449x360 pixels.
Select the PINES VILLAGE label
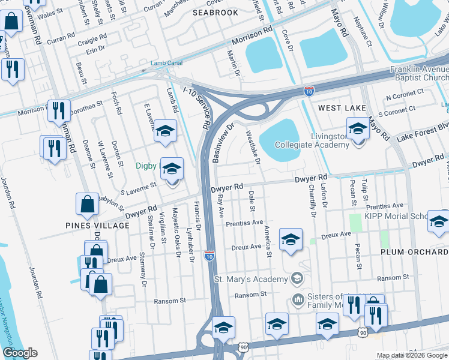click(98, 226)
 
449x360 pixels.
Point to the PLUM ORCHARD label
click(414, 252)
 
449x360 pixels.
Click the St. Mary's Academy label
click(251, 279)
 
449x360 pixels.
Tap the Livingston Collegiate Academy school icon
click(358, 129)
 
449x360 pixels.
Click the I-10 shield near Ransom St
click(209, 256)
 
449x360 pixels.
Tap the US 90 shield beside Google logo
click(243, 347)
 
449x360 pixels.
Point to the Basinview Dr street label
click(222, 143)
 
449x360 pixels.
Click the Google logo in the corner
click(20, 353)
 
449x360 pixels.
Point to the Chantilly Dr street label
click(312, 200)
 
